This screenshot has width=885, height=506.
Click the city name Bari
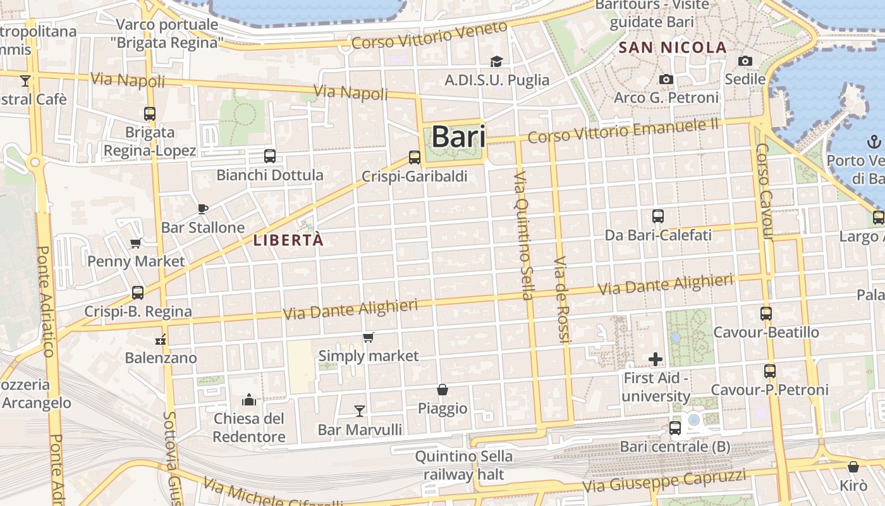458,137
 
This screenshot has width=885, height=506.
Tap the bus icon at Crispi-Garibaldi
415,157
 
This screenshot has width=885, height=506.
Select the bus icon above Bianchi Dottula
270,156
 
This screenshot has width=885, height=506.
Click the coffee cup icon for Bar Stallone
202,209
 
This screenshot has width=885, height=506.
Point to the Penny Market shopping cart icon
135,243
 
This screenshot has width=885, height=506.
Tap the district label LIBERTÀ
288,240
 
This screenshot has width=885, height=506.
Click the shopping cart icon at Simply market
369,337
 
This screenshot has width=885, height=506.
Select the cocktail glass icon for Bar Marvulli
360,411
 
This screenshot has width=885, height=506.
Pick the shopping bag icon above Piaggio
442,390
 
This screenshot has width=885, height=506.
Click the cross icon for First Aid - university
656,359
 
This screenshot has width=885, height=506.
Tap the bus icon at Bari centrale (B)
675,428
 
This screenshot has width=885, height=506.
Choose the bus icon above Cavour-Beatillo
766,313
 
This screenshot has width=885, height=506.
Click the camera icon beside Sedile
745,61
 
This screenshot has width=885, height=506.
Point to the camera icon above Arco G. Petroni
666,79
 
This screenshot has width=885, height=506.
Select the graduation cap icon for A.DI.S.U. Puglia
497,61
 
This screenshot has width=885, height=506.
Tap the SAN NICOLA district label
673,47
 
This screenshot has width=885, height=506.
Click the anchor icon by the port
874,142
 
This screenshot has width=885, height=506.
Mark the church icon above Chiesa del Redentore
249,400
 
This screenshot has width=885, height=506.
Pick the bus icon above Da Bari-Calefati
658,216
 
